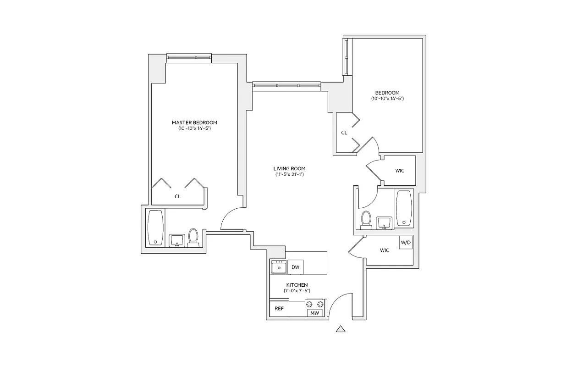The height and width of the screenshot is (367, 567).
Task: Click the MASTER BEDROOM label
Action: coord(194,122)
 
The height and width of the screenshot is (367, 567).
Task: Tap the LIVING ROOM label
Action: coord(290,168)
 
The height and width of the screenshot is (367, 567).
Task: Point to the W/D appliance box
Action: coord(406,242)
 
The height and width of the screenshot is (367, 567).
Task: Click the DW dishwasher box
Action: coord(296,267)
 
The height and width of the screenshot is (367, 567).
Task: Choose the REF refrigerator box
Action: coord(279,309)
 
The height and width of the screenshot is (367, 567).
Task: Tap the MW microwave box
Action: coord(314,313)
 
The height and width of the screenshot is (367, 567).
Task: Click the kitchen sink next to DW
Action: coord(279,267)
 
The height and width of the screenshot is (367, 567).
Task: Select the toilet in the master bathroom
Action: coord(193,237)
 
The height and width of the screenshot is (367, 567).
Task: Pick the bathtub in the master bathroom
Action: coord(155,228)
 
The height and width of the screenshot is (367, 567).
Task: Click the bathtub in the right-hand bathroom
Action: coord(403,208)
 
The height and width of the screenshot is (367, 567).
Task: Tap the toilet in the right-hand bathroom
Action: coord(366,219)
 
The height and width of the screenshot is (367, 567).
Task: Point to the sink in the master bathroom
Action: coord(176,240)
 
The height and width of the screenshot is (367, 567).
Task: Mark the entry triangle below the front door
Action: coord(340,328)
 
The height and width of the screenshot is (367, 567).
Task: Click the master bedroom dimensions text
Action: coord(194,129)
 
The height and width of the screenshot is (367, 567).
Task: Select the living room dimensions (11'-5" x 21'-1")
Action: coord(290,175)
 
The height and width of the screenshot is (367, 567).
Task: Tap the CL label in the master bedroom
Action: coord(177,196)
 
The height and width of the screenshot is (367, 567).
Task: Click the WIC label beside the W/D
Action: coord(384,250)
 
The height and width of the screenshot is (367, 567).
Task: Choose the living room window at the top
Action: coord(286,85)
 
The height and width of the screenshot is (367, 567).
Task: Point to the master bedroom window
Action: coord(189,57)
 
